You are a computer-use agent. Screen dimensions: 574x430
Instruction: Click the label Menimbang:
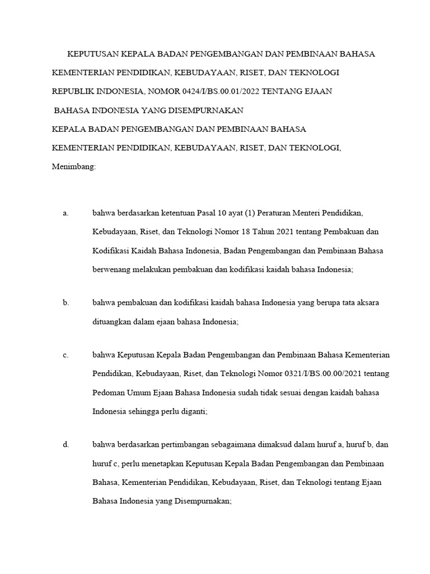click(74, 166)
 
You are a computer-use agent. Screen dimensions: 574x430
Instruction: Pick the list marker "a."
click(66, 214)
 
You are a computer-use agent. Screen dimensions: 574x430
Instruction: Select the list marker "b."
click(66, 303)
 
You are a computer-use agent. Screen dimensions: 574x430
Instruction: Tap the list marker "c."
click(66, 355)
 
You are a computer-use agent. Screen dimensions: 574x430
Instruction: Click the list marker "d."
click(66, 445)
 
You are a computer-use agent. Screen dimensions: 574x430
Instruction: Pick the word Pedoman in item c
click(108, 392)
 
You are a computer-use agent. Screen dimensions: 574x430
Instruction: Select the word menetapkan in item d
click(171, 464)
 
